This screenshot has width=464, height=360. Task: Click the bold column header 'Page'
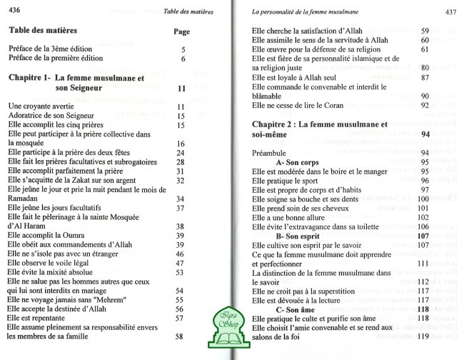(x=182, y=32)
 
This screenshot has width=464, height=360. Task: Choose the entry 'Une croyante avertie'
(x=42, y=106)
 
